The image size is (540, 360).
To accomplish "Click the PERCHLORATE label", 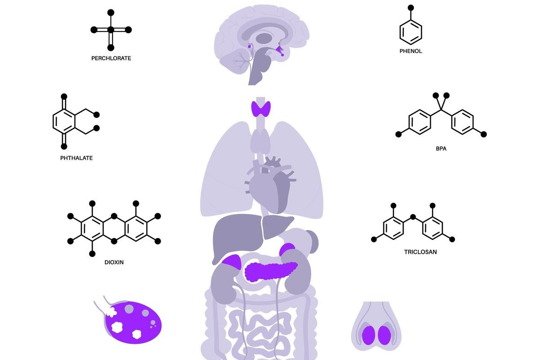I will point(111,58).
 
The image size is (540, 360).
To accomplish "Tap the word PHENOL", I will point(410,51).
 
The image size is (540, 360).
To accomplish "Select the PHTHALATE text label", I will point(76,158).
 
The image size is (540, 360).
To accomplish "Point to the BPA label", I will point(441,148).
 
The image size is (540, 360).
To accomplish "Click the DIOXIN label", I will point(114,262).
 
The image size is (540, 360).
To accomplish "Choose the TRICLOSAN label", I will point(420,252).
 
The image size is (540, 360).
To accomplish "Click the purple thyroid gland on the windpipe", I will point(261,109).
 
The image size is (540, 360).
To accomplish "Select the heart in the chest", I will point(268,187).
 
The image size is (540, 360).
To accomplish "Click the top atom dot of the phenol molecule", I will point(410,7).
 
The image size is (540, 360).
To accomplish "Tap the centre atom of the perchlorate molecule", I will point(111,30).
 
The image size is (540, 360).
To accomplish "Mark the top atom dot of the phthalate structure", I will point(64,96).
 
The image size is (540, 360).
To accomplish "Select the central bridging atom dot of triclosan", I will point(413,217).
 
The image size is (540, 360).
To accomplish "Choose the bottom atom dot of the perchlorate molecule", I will point(111,47).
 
